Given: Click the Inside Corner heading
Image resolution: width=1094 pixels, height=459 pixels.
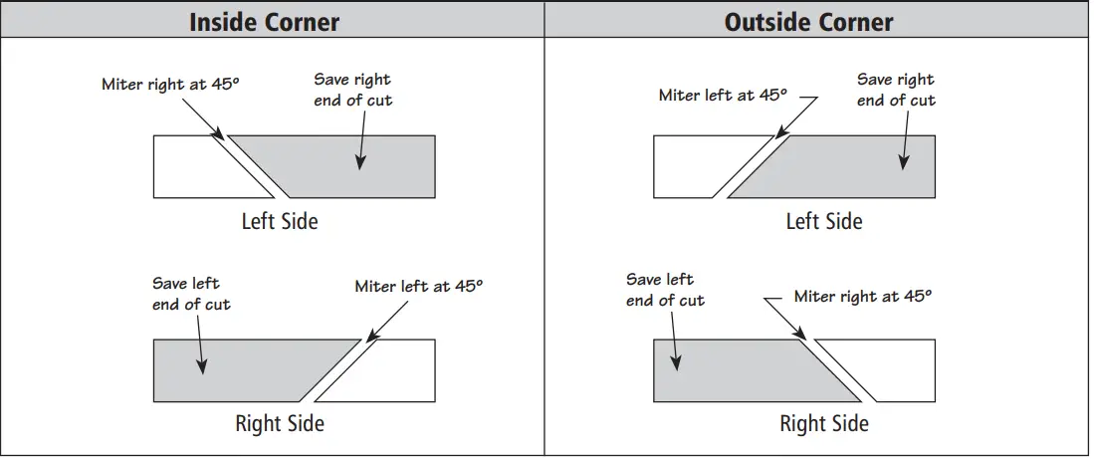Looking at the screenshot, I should point(264,22).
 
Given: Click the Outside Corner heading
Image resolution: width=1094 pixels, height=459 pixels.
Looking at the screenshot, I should point(808,22).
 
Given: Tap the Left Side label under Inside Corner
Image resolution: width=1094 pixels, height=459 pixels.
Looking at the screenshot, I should point(280,220).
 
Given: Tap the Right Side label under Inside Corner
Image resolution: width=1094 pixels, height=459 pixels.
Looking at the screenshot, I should point(280,423).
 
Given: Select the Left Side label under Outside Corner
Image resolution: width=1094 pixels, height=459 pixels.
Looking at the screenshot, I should point(824,220).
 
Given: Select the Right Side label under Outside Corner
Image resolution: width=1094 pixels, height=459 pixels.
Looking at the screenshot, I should point(824,423).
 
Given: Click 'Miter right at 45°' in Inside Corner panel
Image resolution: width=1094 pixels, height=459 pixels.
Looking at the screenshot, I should point(170,85).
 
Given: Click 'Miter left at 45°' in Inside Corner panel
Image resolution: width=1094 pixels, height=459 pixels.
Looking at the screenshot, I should point(418,287).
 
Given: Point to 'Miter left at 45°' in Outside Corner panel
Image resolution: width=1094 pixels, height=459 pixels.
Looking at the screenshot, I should point(723,96).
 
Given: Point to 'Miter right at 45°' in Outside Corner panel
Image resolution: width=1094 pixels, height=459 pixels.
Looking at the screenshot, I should point(863,296).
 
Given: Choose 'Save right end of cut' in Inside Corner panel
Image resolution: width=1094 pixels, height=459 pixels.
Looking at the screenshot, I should point(353,90).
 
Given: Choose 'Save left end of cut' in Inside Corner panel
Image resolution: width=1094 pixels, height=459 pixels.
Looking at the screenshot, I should point(191,294).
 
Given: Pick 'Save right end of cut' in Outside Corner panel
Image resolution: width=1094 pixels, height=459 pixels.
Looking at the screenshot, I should point(896,90).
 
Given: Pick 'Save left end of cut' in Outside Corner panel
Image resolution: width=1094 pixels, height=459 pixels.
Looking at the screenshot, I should point(665,290).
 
